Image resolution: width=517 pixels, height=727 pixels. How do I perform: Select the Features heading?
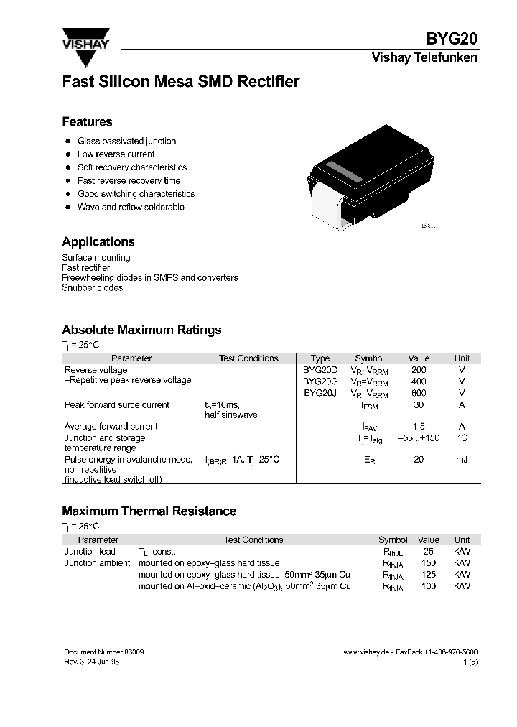[x=87, y=122]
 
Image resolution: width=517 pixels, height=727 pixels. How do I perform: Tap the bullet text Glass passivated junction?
[x=126, y=142]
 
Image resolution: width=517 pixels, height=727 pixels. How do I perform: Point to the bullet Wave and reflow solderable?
[x=131, y=207]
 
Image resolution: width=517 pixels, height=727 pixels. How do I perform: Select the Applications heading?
[x=98, y=242]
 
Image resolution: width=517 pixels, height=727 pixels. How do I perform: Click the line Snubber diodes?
[x=92, y=288]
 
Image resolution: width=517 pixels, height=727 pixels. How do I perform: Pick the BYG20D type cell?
[x=320, y=370]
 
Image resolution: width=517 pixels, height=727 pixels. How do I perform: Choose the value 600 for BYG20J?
[x=419, y=393]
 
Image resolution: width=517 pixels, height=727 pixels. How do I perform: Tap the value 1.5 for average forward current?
[x=419, y=426]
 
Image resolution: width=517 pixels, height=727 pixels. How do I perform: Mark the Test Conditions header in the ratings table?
[x=248, y=358]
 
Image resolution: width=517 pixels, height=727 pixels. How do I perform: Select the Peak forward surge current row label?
[x=117, y=405]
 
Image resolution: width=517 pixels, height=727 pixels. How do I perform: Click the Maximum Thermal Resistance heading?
[x=149, y=511]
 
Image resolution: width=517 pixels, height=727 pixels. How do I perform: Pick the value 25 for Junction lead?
[x=429, y=552]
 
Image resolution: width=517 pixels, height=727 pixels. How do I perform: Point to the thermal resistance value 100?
[x=429, y=586]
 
